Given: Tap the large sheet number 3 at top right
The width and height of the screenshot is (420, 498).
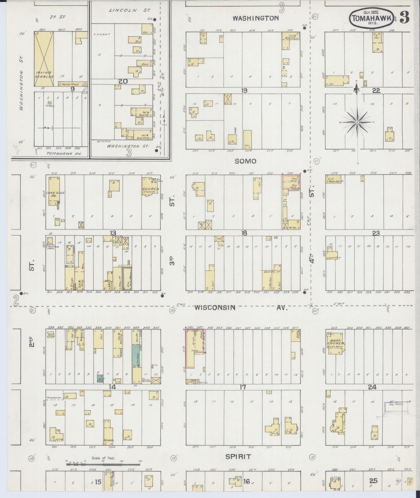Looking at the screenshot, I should (x=404, y=17).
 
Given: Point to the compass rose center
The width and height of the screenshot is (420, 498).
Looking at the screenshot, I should (x=357, y=122).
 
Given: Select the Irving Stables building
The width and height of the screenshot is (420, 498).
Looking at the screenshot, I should (x=44, y=59).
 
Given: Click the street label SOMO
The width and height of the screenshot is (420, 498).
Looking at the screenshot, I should (x=246, y=161).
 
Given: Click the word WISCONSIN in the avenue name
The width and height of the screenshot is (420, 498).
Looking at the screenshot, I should (x=215, y=307).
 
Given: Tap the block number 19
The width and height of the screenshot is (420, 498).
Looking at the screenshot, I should (x=244, y=90).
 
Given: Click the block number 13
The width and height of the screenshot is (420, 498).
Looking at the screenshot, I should (x=113, y=233).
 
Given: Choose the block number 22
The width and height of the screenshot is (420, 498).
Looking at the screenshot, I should (x=376, y=90).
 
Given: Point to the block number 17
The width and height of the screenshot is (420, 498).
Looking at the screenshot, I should (x=243, y=387).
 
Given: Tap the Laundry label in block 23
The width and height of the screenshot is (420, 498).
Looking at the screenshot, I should (x=333, y=257).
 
